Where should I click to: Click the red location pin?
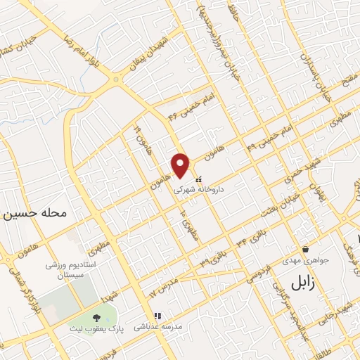pyautogui.click(x=181, y=165)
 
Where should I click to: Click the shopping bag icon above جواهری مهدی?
pyautogui.click(x=305, y=249)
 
